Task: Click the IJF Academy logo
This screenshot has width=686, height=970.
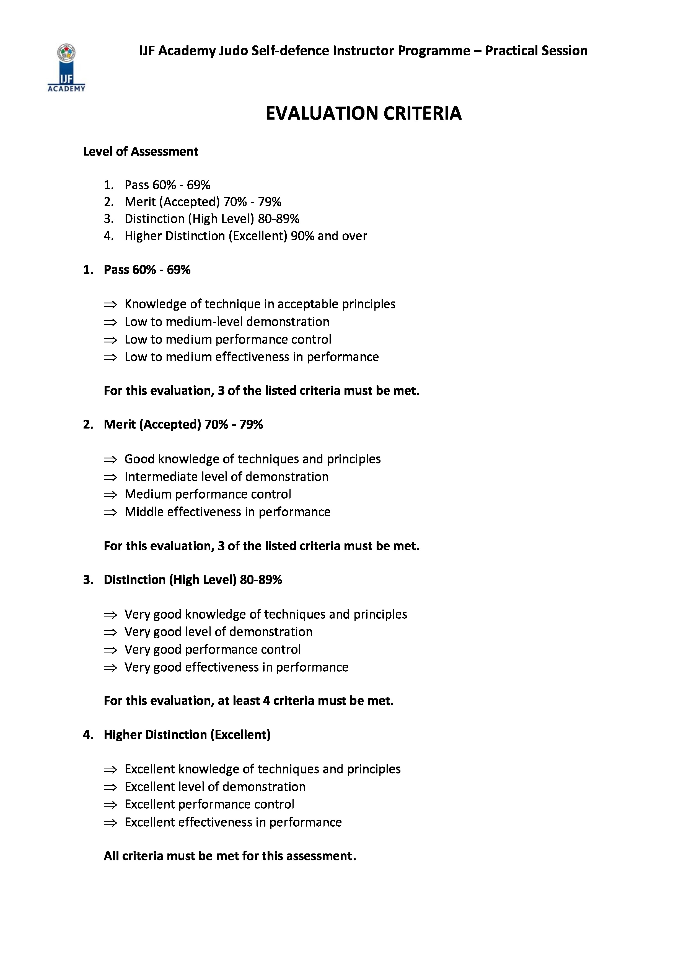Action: tap(66, 68)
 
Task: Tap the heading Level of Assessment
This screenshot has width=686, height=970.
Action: tap(140, 152)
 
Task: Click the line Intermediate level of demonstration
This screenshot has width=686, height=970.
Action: tap(226, 477)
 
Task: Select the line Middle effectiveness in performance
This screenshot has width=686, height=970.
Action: tap(227, 512)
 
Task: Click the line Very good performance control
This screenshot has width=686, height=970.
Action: tap(213, 649)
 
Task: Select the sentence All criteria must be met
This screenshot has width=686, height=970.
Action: tap(230, 856)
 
